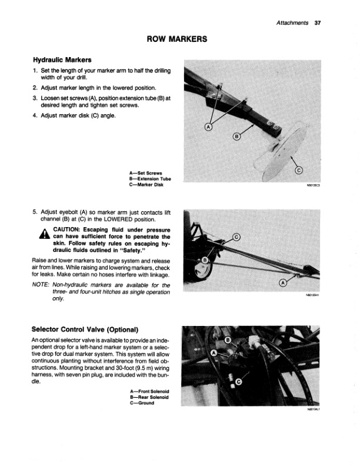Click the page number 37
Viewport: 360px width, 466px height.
tap(318, 23)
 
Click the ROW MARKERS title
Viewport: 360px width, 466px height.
tap(177, 39)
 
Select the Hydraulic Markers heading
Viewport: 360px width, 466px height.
tap(62, 60)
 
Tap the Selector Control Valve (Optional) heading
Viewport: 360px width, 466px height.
tap(85, 329)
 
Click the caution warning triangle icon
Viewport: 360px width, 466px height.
tap(45, 234)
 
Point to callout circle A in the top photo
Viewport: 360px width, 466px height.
tap(208, 127)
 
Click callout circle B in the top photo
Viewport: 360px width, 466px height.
tap(236, 137)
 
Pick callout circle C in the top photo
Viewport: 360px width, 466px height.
tap(299, 170)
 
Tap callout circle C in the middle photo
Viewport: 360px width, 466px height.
tap(236, 237)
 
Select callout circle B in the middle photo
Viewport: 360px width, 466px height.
tap(205, 260)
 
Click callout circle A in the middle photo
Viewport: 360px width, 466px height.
tap(283, 283)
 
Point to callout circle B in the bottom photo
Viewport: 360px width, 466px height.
tap(228, 340)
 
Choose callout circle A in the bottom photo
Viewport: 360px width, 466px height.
tap(214, 353)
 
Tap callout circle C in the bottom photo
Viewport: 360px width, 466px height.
tap(238, 382)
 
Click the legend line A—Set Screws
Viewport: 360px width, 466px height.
tap(145, 173)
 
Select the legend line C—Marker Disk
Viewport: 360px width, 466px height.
tap(146, 185)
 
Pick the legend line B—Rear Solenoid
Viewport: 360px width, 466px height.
tap(149, 397)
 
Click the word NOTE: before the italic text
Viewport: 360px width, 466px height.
tap(41, 285)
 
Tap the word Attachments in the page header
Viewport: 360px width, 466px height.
tap(292, 23)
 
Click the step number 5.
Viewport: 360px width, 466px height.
tap(35, 212)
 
